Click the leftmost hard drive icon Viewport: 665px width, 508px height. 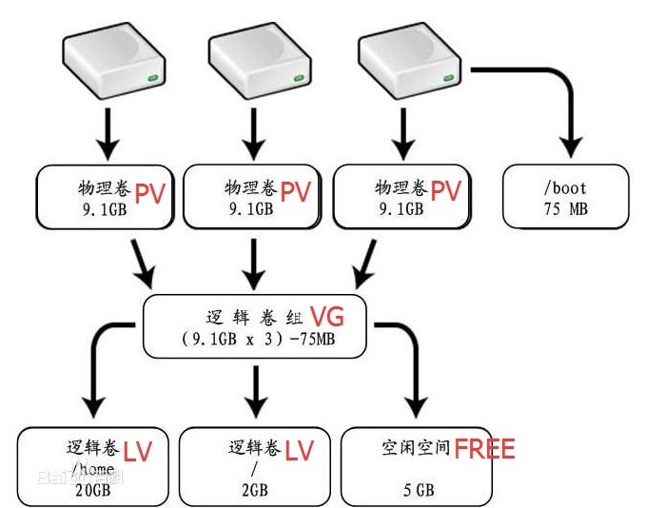pos(113,61)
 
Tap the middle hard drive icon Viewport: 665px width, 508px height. pos(260,61)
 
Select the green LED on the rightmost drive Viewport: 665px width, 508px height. pos(449,78)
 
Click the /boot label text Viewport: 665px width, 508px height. pos(565,187)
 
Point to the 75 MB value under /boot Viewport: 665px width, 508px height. pos(566,209)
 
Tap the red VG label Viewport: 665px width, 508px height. pos(327,317)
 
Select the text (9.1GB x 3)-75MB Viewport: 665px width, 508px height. pos(258,339)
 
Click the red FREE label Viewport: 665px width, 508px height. pos(485,449)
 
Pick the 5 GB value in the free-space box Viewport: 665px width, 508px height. pos(419,490)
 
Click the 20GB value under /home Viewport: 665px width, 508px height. pos(93,490)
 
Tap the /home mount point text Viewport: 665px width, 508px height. pos(93,469)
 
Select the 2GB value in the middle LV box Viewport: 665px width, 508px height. pos(255,490)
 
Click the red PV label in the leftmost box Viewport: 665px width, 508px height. pos(149,193)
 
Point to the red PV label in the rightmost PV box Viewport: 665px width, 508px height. pos(446,190)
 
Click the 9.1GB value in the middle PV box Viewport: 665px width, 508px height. pos(251,208)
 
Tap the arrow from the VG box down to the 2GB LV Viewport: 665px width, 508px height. pos(255,392)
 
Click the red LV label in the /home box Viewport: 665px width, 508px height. pos(137,451)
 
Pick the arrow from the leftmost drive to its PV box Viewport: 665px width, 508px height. pos(108,134)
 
